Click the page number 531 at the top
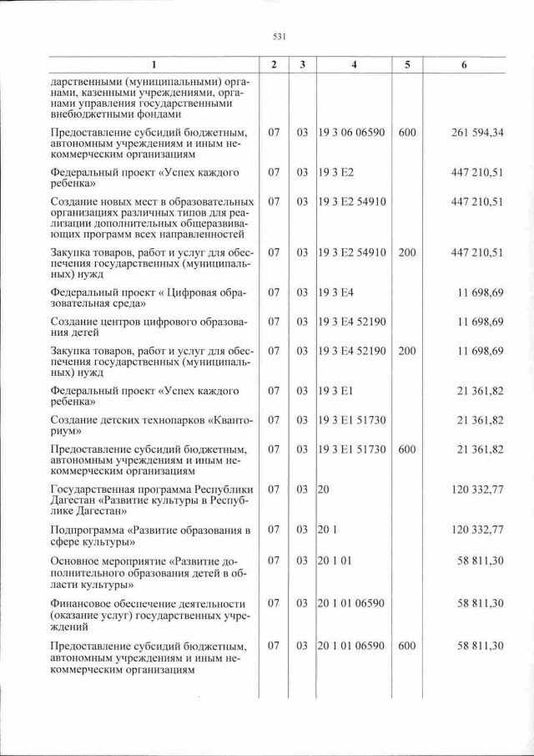(x=280, y=36)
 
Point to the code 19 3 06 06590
(x=351, y=132)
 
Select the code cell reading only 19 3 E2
(x=336, y=172)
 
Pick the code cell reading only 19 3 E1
(x=336, y=390)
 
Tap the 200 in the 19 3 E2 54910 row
(x=407, y=252)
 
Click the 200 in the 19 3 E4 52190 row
(x=407, y=351)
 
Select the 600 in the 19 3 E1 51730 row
(x=407, y=449)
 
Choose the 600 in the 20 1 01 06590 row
(x=407, y=646)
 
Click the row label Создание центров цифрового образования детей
(x=150, y=327)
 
